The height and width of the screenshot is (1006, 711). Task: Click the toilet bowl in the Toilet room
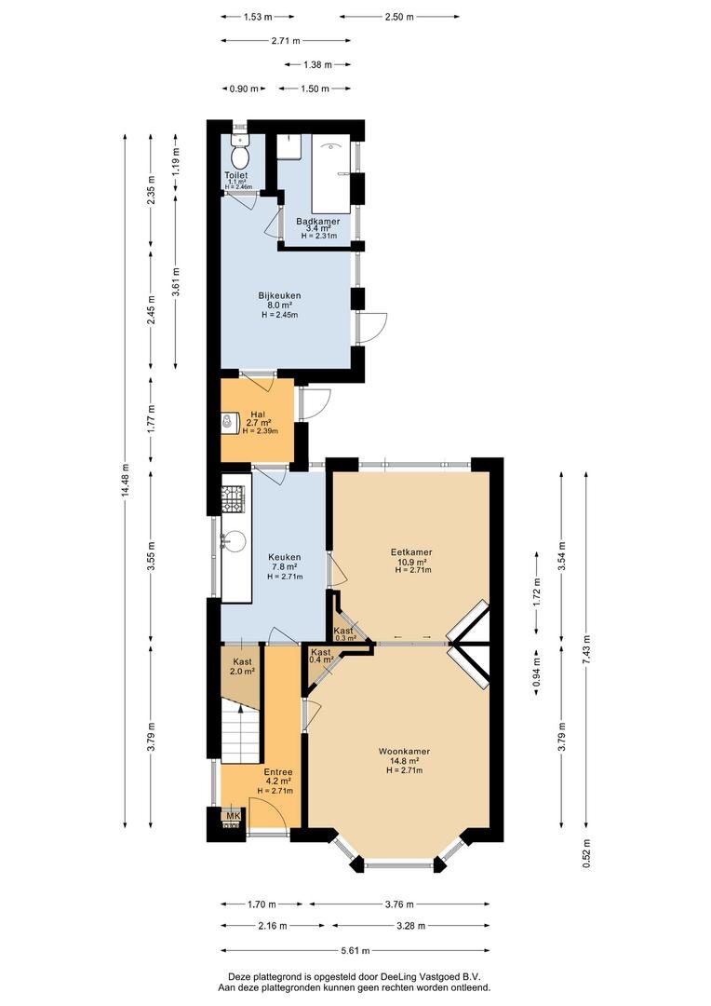click(x=240, y=156)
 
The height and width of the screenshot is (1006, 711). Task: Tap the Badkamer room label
click(x=318, y=222)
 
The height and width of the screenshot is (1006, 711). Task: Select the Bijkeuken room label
click(x=279, y=296)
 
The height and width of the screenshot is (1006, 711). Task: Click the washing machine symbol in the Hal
click(x=228, y=422)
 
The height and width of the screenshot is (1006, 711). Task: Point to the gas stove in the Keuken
click(x=234, y=499)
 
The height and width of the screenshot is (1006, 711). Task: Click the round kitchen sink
click(x=234, y=542)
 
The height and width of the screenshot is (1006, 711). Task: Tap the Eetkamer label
click(x=411, y=551)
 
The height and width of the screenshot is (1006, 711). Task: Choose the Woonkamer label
click(x=404, y=752)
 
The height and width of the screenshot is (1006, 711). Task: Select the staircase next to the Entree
click(x=241, y=729)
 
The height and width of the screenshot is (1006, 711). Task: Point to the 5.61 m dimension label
click(x=355, y=951)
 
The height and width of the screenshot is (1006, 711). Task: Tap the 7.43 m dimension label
click(x=585, y=649)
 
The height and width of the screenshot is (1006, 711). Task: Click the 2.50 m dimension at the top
click(x=399, y=18)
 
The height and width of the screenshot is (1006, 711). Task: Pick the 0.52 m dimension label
click(x=585, y=854)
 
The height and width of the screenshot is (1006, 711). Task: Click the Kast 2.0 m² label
click(x=242, y=667)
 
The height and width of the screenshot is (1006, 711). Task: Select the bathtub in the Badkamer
click(x=330, y=174)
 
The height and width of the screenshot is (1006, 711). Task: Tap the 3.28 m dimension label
click(x=410, y=926)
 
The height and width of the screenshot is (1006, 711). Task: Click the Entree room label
click(x=278, y=772)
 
